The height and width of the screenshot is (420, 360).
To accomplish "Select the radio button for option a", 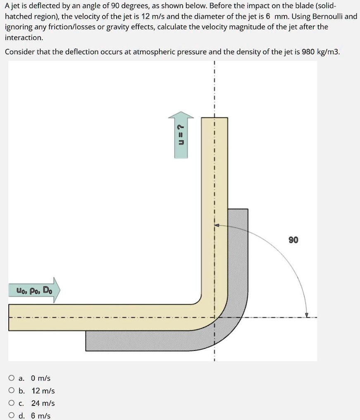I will [12, 378].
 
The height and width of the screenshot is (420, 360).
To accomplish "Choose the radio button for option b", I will [12, 391].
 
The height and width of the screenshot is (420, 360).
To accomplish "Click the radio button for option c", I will [12, 403].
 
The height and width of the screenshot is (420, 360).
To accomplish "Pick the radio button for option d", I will [12, 416].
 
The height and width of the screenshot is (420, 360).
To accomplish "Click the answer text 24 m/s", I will [43, 403].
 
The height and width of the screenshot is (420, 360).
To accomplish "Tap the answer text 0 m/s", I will [41, 378].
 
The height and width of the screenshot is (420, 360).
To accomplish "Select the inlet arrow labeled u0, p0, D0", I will [34, 290].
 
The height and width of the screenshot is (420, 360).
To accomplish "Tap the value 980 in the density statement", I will [308, 52].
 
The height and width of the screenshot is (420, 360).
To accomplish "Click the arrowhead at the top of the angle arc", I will [216, 225].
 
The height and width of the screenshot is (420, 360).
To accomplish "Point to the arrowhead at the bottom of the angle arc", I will [306, 315].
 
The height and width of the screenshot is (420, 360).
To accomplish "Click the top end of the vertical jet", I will [214, 119].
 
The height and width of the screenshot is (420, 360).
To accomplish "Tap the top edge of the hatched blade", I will [238, 209].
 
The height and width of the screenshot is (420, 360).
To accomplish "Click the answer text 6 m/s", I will [41, 416].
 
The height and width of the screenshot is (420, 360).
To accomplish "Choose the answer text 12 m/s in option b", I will [43, 391].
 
